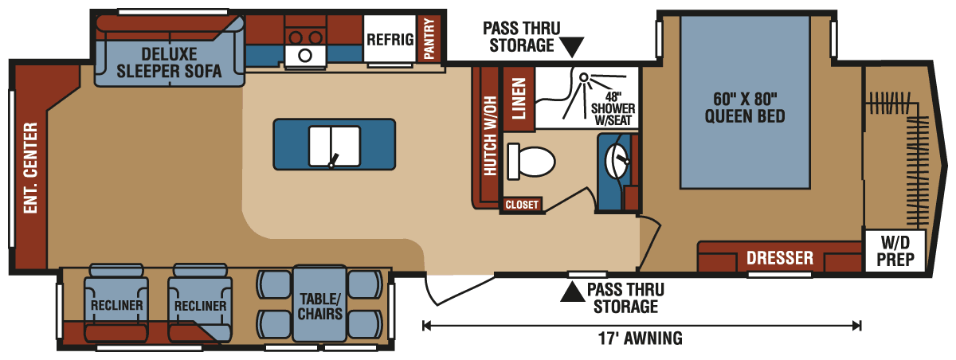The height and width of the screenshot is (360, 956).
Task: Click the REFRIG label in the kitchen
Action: coord(390,40)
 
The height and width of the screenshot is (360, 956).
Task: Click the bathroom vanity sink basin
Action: coord(618,162)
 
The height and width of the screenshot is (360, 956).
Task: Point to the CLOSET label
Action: coord(522,205)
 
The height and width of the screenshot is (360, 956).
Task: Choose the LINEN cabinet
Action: coord(519,98)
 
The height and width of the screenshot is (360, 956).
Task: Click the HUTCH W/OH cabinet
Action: coord(489,135)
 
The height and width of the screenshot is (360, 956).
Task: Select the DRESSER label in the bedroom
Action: coord(780,258)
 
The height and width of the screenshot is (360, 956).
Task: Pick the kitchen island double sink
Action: coord(335,144)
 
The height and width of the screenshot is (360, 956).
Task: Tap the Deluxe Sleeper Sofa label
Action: coord(169,62)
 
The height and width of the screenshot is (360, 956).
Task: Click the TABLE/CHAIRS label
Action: coord(320,306)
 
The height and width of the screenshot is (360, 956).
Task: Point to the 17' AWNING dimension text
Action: coord(641,338)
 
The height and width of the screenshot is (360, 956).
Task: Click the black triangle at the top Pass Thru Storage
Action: coord(571,47)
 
